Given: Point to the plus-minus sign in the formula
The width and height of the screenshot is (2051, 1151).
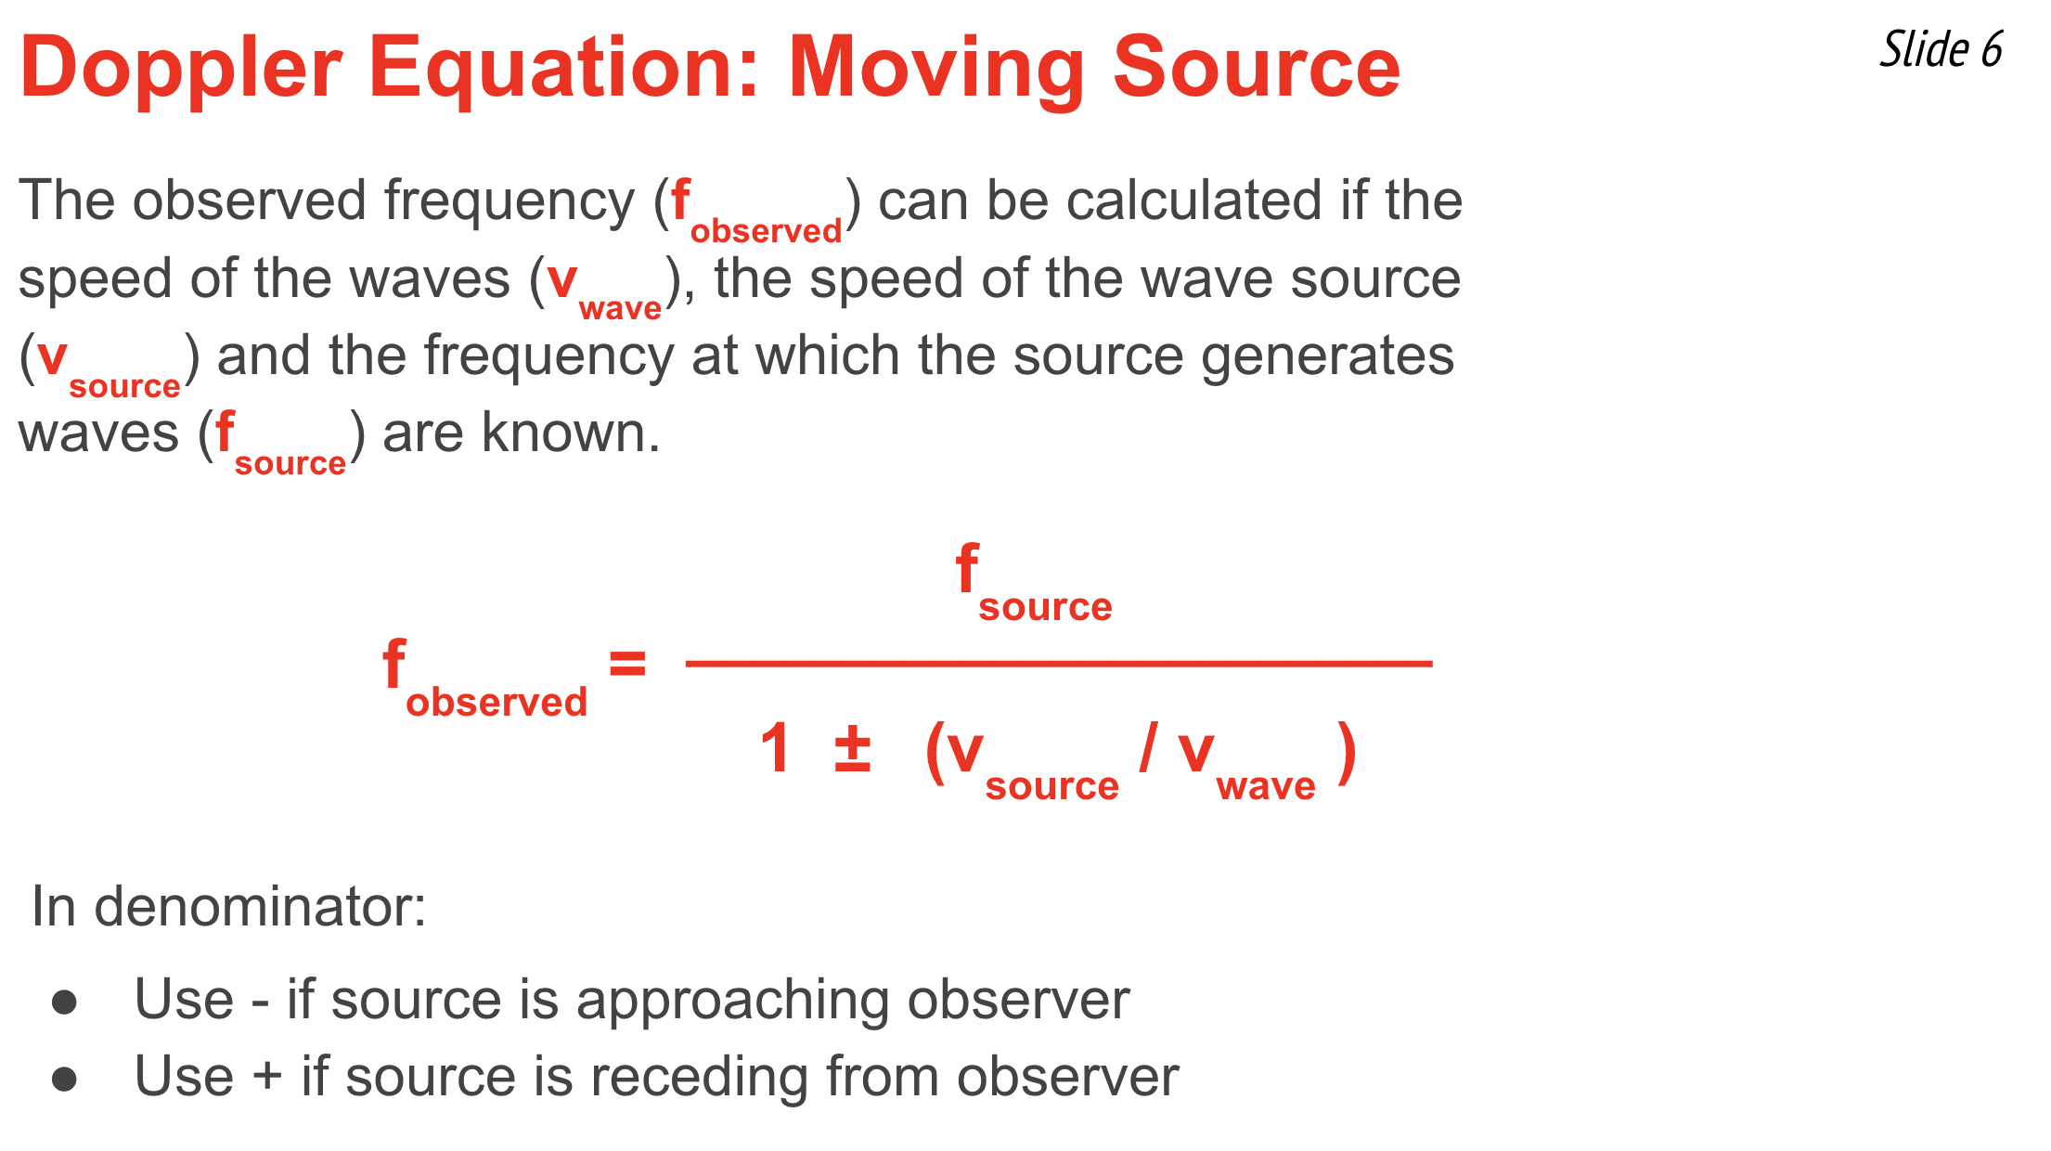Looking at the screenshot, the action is pos(852,750).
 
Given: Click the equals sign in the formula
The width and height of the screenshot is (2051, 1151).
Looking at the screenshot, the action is pos(627,664).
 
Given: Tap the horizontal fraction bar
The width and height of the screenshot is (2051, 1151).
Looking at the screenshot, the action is pos(1059,664).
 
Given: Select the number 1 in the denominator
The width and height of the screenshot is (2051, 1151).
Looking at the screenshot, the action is pos(776,748).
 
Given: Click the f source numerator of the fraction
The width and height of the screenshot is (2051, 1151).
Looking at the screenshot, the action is pos(1034,583).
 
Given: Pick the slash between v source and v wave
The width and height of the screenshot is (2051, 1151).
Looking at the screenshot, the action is pos(1149,747).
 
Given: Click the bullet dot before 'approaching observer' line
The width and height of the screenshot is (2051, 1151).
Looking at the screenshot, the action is pos(64,1002).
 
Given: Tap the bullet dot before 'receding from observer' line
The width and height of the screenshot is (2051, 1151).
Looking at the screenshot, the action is pos(64,1079).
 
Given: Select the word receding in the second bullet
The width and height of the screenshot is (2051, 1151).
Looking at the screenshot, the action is pos(699,1077).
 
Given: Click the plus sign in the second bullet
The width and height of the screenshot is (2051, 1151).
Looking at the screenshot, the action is pos(267,1077).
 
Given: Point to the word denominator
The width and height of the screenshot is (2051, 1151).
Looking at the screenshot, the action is pos(260,906).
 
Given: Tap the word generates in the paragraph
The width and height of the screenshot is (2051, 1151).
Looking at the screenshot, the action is pos(1328,357).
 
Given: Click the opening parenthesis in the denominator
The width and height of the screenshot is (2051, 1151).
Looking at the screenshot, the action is pos(935,752).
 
